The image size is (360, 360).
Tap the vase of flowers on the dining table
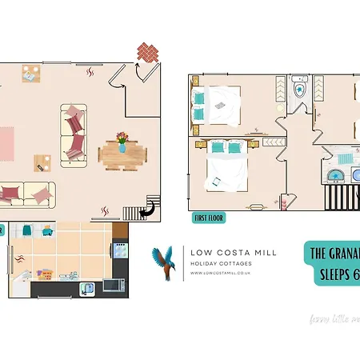(122, 142)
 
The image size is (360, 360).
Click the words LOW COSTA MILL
(234, 252)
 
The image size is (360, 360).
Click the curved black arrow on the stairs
(148, 210)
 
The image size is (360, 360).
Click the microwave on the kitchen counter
(113, 283)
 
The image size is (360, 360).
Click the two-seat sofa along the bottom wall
(26, 193)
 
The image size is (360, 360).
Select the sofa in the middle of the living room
(73, 130)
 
